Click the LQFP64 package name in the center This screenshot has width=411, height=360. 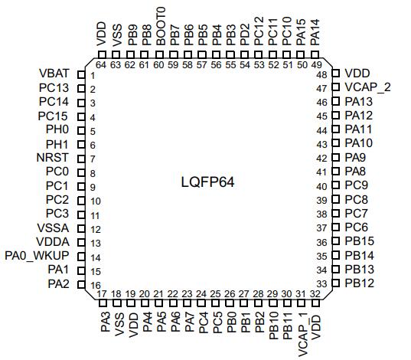point(207,182)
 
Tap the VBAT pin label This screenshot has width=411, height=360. point(54,74)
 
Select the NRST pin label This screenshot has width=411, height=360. point(52,158)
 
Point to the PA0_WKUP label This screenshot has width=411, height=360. point(37,256)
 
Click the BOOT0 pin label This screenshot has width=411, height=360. point(161,26)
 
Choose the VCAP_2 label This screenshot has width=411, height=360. point(367,87)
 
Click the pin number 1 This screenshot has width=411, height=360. point(93,76)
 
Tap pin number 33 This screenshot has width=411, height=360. point(322,283)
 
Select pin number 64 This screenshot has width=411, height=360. point(101,64)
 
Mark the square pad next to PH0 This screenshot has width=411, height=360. point(81,130)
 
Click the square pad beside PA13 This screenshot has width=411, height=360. point(336,101)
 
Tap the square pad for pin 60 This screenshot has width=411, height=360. point(158,55)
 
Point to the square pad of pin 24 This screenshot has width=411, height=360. point(201,303)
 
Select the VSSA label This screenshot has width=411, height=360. point(53,228)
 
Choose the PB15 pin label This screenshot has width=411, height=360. point(359,241)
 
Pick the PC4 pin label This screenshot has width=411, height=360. point(203,322)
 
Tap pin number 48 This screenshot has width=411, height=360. point(322,75)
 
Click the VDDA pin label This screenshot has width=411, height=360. point(53,242)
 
